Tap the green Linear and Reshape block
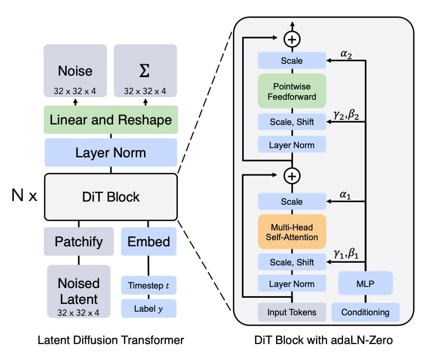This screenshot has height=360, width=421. pyautogui.click(x=111, y=120)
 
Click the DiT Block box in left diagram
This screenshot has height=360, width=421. pyautogui.click(x=112, y=196)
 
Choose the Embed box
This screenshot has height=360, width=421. pyautogui.click(x=149, y=241)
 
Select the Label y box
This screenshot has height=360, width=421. pyautogui.click(x=149, y=309)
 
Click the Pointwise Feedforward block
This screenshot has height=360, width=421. pyautogui.click(x=291, y=91)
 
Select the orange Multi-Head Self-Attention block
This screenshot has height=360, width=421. pyautogui.click(x=291, y=231)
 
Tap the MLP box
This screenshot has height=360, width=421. pyautogui.click(x=365, y=283)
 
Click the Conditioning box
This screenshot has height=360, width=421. pyautogui.click(x=365, y=312)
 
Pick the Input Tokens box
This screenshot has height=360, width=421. pyautogui.click(x=291, y=312)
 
